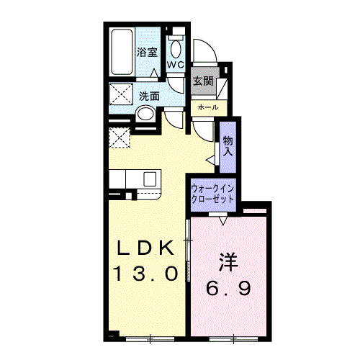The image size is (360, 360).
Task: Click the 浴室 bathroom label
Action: pos(147,52)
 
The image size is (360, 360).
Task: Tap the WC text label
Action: pos(176,64)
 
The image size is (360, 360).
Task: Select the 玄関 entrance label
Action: pos(203,81)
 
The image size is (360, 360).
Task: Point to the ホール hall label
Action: pos(208,107)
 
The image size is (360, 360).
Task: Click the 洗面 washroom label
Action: pos(149,96)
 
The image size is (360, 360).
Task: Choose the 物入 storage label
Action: pos(228,146)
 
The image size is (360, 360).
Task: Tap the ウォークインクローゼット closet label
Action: pos(212,194)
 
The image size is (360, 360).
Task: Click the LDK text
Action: pos(145,248)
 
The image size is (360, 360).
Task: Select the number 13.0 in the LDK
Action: pos(146,274)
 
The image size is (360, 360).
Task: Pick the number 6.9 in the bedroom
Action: pos(228,288)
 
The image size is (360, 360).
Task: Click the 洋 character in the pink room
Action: pos(228,262)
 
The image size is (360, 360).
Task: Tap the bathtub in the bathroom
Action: pos(122,52)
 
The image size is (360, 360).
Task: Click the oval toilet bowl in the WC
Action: pos(176,49)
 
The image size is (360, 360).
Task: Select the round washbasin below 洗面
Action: pos(145,114)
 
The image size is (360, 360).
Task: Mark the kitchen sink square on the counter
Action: pos(150,179)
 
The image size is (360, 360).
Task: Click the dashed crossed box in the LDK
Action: pos(120,138)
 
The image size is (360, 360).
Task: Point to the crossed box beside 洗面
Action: pos(121,94)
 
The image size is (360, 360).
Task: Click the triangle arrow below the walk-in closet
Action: pos(223,221)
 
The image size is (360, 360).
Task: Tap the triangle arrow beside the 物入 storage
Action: pos(211,160)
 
